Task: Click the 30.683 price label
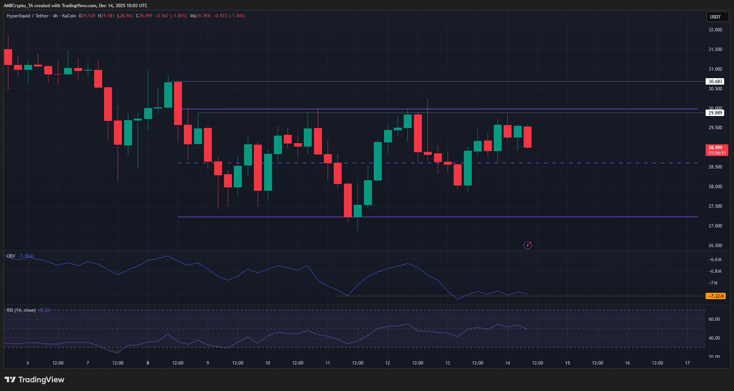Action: [715, 81]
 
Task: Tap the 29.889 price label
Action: [715, 113]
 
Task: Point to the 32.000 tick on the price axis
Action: [715, 30]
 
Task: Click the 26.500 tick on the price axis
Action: [715, 246]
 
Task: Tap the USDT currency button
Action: [715, 17]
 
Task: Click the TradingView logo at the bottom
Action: [34, 380]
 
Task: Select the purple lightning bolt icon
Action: [527, 246]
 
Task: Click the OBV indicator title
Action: [11, 256]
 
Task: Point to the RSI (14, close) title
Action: [21, 310]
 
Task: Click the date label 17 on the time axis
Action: [687, 363]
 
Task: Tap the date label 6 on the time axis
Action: [28, 363]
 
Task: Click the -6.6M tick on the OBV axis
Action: [715, 260]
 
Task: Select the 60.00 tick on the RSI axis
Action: [714, 319]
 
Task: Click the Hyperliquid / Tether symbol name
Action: [28, 16]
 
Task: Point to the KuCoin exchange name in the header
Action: [69, 16]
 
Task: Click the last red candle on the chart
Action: [527, 137]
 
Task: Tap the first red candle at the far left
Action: [8, 57]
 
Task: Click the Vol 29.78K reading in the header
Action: [200, 16]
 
